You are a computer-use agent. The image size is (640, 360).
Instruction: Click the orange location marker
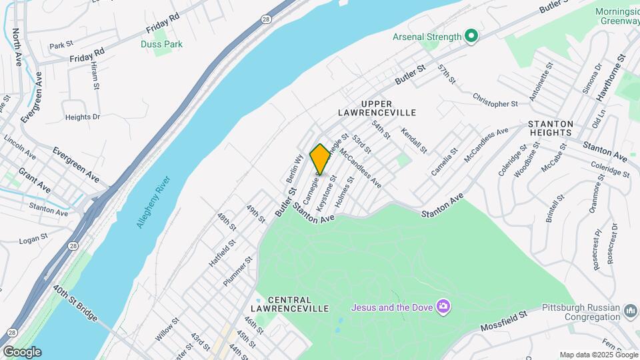click(x=320, y=159)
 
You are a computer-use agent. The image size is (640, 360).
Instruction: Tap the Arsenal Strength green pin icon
click(x=472, y=37)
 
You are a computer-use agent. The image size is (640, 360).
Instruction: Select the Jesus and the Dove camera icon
click(x=443, y=307)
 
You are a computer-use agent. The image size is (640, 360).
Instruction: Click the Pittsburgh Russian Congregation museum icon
click(x=630, y=311)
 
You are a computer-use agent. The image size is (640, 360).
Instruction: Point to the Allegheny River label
click(x=153, y=202)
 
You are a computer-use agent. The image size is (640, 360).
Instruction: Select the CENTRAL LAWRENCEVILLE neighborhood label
click(x=289, y=304)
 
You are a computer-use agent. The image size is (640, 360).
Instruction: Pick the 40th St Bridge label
click(x=75, y=303)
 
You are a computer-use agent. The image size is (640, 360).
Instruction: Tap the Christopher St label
click(x=495, y=103)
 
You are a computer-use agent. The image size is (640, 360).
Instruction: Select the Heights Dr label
click(x=83, y=117)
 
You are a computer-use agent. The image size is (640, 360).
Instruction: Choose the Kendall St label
click(x=413, y=141)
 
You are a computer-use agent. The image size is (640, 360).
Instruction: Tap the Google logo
click(x=22, y=352)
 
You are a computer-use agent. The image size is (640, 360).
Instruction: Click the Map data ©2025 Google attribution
click(x=598, y=355)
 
